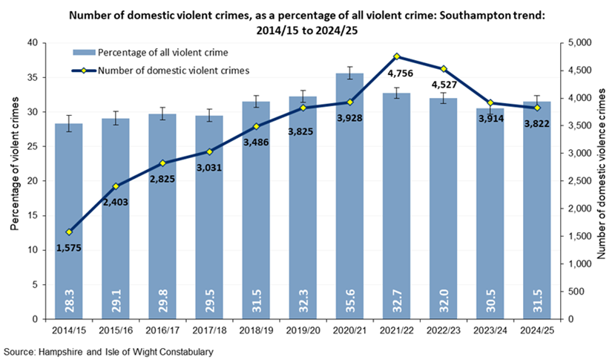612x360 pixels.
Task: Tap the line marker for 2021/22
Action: pyautogui.click(x=398, y=56)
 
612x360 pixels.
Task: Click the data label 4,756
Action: pyautogui.click(x=398, y=72)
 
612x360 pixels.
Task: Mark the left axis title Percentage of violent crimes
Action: pyautogui.click(x=16, y=181)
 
